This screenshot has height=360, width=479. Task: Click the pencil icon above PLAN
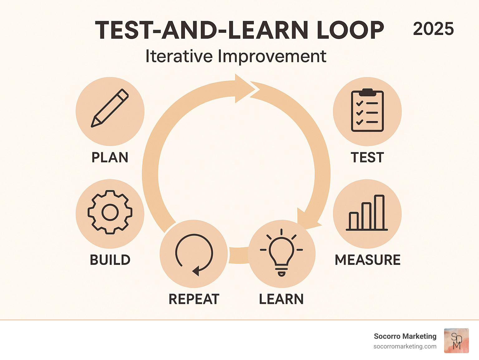pos(110,108)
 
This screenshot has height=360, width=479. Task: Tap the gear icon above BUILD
pos(110,212)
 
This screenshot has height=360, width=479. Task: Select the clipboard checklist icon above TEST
pos(367,111)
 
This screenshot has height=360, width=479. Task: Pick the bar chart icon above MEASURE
pos(367,213)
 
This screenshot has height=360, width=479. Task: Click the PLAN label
pos(110,157)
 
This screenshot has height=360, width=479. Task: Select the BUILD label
pos(110,260)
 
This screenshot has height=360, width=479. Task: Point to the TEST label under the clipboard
pos(367,157)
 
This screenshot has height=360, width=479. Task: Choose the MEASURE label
pos(367,260)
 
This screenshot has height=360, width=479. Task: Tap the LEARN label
pos(281,299)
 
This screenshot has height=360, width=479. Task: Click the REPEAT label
pos(194,299)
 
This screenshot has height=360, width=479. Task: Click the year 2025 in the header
pos(433,29)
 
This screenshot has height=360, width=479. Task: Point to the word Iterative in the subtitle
pos(179,56)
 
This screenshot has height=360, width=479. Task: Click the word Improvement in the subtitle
pos(272,56)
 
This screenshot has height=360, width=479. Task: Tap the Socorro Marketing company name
pos(405,336)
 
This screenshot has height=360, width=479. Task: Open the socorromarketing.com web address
pos(405,346)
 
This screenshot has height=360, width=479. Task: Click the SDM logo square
pos(457,341)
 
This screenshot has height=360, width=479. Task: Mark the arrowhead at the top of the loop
pos(245,88)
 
